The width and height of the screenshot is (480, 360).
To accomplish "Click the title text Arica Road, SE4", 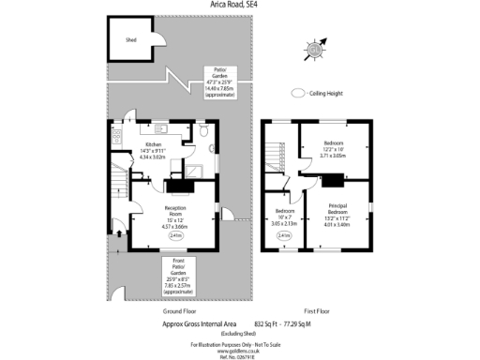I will pos(239,5).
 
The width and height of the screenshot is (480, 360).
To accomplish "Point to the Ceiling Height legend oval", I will pos(299,93).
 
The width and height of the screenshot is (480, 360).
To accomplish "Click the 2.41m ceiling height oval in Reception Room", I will pos(175,236).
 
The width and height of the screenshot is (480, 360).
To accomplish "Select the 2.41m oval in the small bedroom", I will pos(284,236).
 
